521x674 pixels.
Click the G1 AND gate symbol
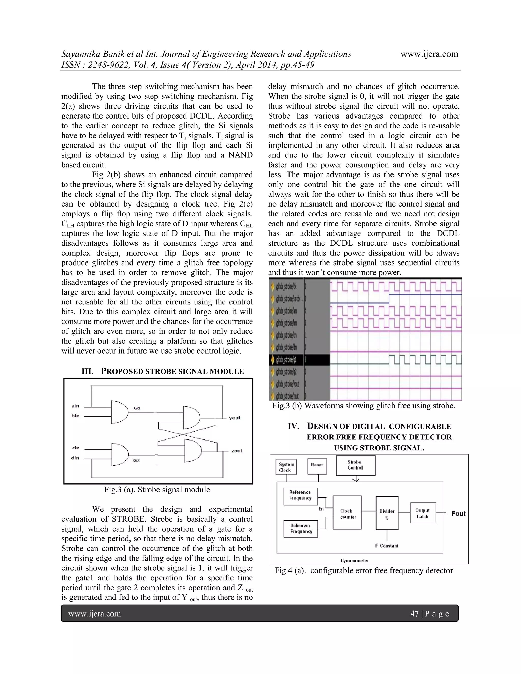(x=119, y=412)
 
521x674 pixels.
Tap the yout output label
(x=235, y=418)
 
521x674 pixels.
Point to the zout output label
(x=237, y=451)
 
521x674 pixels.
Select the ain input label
(x=75, y=406)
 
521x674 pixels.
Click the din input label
(x=75, y=458)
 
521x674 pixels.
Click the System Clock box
(x=286, y=467)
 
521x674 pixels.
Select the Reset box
(x=317, y=465)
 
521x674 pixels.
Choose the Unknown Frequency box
(x=301, y=529)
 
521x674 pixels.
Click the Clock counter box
(x=347, y=514)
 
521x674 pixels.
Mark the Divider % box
(x=387, y=515)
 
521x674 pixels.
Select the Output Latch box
(x=423, y=514)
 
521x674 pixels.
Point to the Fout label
(x=458, y=514)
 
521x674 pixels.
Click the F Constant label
(x=387, y=546)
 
